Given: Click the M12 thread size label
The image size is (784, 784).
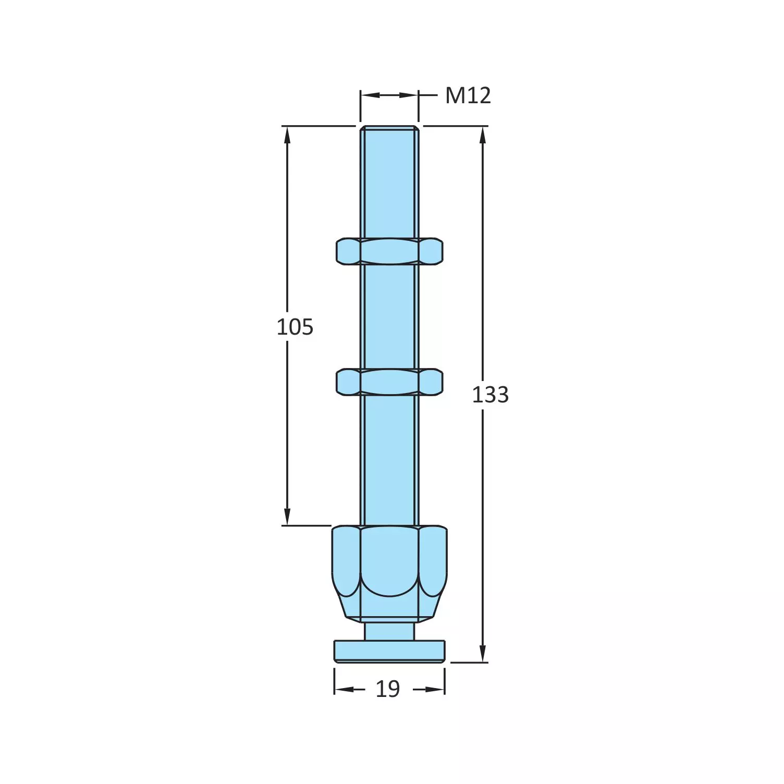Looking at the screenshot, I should [468, 96].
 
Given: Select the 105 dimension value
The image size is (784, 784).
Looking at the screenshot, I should [295, 327].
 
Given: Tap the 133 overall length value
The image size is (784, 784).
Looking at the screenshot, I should [490, 395].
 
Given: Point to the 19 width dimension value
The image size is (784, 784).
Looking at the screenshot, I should [388, 689].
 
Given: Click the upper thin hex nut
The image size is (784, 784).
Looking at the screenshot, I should [389, 251].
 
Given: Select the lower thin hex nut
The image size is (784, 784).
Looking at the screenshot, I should [389, 382].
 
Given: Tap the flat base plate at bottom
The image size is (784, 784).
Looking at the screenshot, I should [389, 652].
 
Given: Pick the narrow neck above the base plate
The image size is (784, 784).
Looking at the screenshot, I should [389, 631].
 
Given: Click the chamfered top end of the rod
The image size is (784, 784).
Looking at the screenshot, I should [389, 128].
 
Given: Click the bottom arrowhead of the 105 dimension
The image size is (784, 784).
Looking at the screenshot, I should [287, 517].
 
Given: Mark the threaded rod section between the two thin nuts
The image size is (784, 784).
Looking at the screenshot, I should [389, 317].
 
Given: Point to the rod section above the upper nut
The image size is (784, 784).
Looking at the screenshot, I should [389, 182].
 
